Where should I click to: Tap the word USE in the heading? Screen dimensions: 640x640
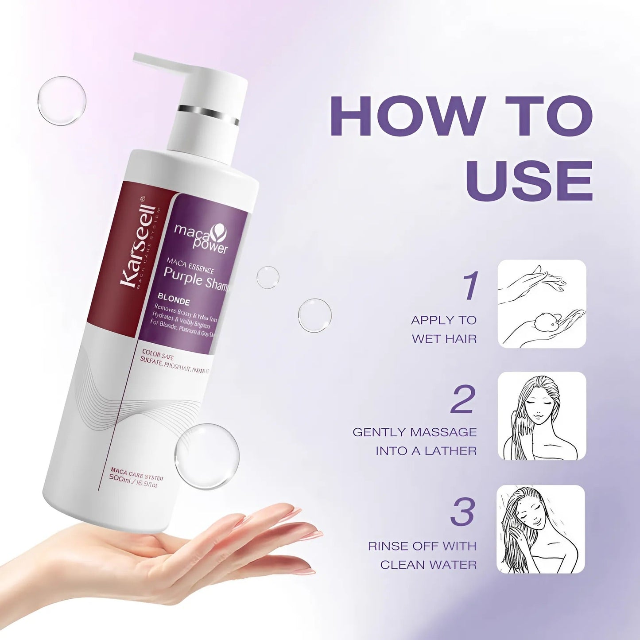[x=529, y=180]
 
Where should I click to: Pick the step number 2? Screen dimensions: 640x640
[x=463, y=400]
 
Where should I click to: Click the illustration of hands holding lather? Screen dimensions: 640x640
[x=542, y=304]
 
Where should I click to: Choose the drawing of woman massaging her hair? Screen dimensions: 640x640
[x=542, y=416]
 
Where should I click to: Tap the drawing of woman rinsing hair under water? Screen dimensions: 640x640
[x=541, y=529]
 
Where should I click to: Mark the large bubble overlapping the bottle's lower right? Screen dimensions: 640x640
[x=207, y=456]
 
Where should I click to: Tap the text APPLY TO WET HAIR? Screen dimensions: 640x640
[x=444, y=330]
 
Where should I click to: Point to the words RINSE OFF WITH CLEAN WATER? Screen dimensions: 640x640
[x=423, y=555]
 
